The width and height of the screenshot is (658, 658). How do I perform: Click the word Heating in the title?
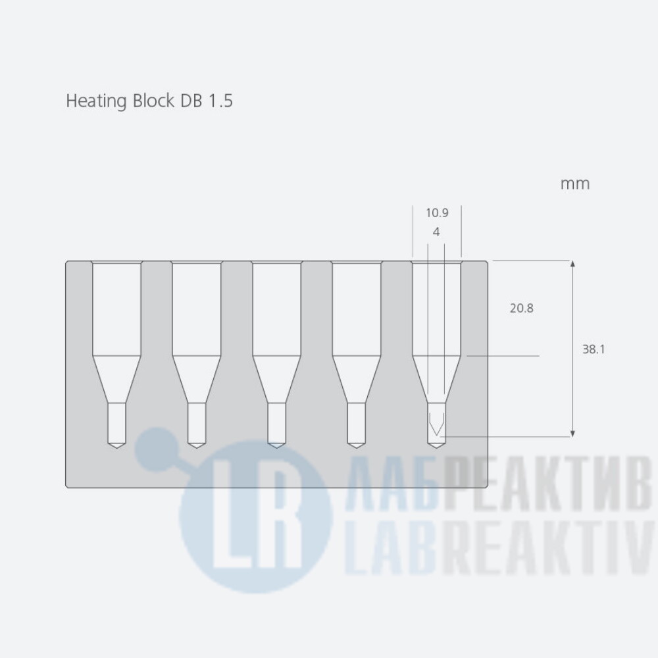(x=97, y=101)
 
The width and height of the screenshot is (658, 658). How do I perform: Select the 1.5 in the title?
(x=220, y=101)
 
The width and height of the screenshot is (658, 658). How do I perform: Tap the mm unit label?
(x=575, y=184)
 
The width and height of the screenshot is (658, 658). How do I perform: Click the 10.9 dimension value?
(x=437, y=213)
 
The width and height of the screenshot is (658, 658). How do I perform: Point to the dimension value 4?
(x=436, y=232)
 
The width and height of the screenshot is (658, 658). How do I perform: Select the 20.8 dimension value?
(x=522, y=309)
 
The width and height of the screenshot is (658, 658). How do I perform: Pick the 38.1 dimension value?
(x=594, y=349)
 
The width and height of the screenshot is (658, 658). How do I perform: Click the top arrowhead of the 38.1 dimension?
(x=572, y=264)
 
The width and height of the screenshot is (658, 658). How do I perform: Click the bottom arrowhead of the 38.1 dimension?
(x=572, y=434)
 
